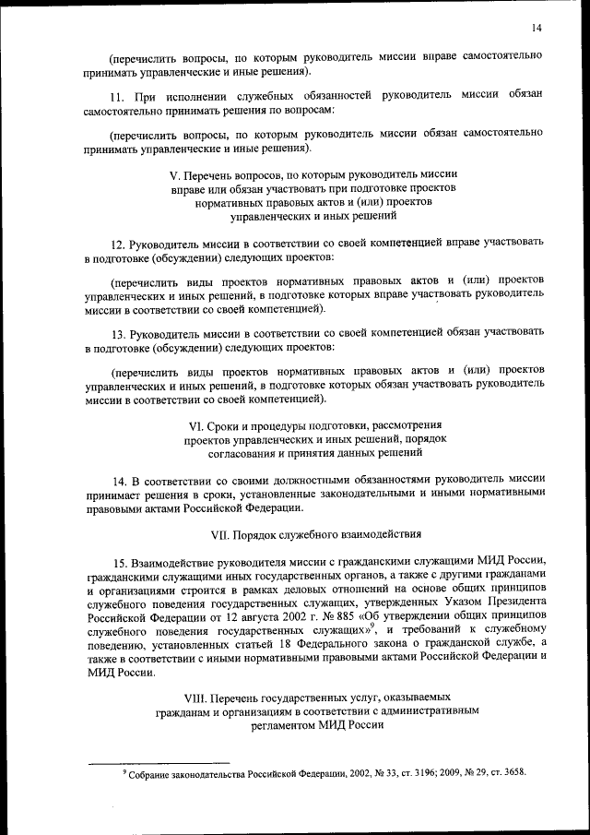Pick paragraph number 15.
[x=118, y=565]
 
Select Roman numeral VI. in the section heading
[x=195, y=425]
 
